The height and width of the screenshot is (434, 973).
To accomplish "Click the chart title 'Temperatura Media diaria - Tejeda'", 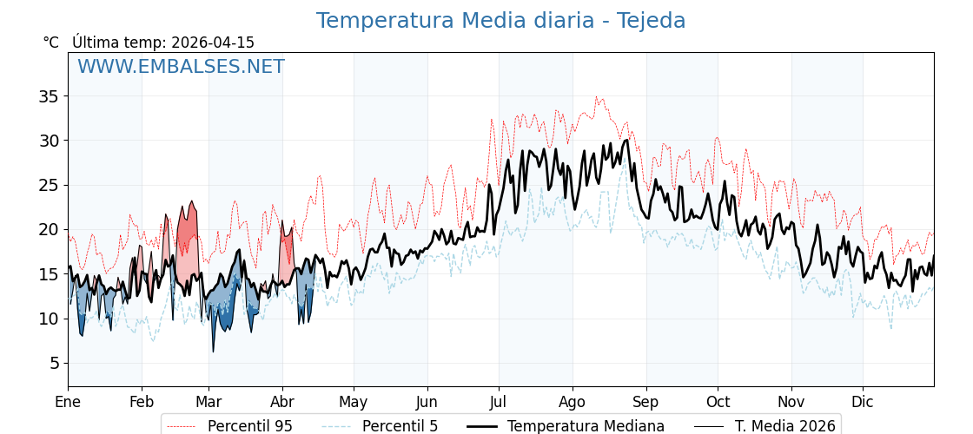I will point(500,21).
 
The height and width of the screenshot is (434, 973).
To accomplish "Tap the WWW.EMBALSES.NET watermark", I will point(181,67).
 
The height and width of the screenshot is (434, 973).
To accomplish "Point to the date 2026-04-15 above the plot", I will point(213,43).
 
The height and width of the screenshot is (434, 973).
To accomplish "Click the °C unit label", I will point(51,43).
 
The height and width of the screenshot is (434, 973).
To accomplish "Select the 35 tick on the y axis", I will point(48,96).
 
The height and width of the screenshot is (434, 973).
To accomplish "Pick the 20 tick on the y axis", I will point(48,229).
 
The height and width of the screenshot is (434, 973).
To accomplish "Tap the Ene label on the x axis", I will point(68,402).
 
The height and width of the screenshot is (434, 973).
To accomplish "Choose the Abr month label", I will point(282,402).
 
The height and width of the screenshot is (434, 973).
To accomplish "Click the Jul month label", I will point(499,402).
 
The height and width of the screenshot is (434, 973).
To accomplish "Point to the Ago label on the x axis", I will point(573,402).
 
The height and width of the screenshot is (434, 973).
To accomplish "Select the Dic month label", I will point(863,402).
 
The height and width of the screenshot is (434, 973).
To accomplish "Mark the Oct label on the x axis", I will point(718,402).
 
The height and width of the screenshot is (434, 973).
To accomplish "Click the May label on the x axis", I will point(354,402).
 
